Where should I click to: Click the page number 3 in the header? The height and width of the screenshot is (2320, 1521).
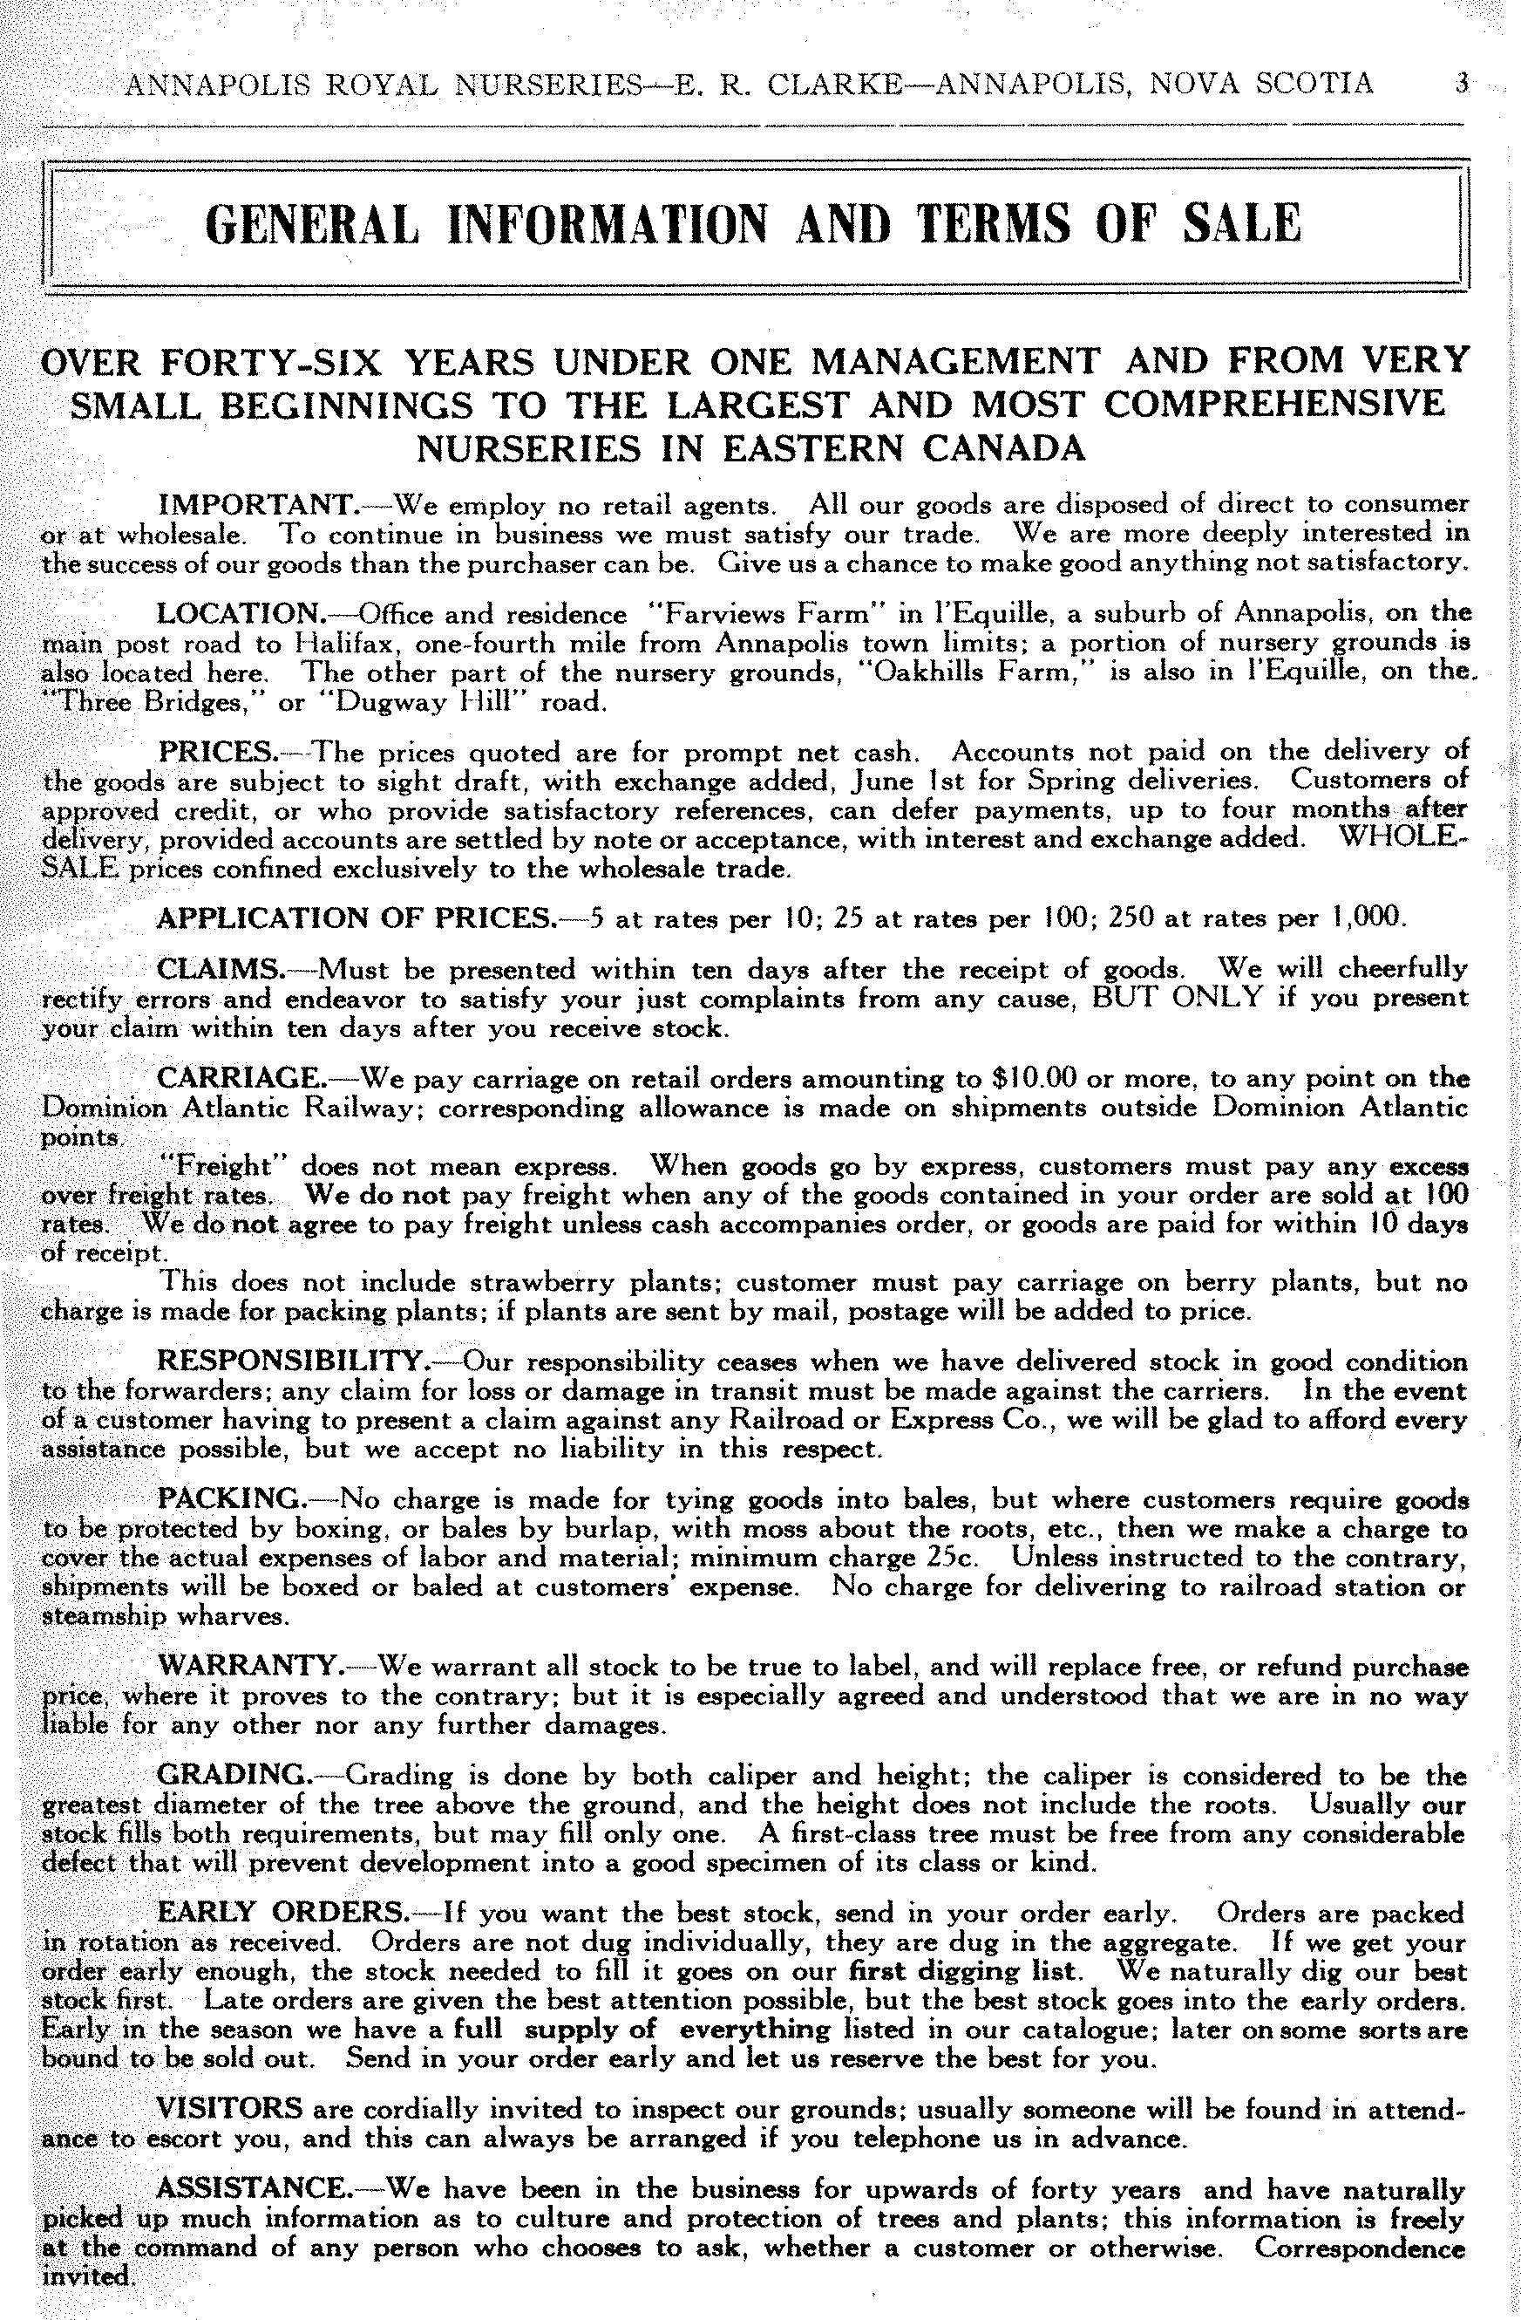[x=1461, y=84]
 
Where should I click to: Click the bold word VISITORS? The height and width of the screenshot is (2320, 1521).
[x=230, y=2107]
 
